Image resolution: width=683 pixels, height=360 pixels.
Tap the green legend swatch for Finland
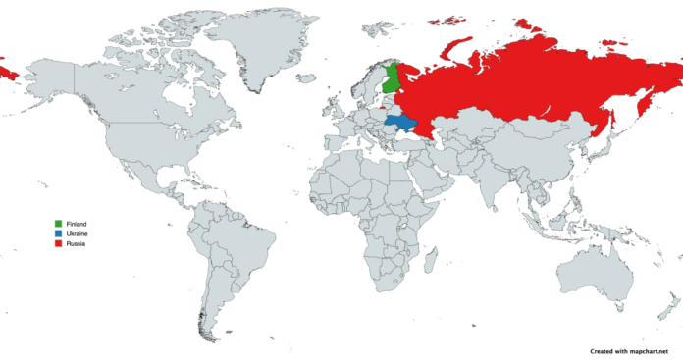point(59,225)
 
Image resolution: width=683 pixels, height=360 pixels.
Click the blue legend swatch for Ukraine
point(59,233)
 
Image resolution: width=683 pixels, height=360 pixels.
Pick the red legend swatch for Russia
point(59,243)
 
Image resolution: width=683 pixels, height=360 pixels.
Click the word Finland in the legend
point(77,225)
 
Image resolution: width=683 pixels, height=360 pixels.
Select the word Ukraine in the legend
point(77,233)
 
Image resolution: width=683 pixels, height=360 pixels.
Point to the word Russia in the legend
point(76,243)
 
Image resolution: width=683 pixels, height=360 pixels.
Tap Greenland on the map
point(255,44)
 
